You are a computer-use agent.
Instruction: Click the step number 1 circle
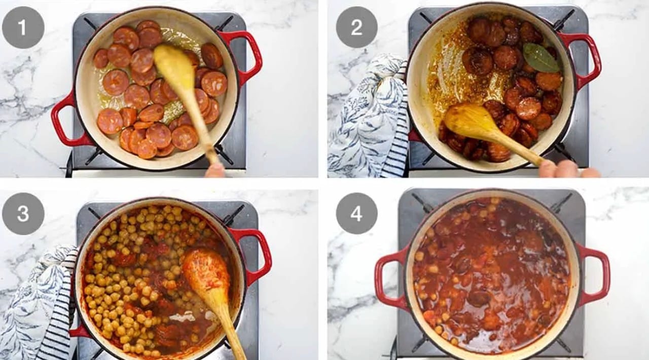[23, 27]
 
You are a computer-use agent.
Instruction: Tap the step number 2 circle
[356, 27]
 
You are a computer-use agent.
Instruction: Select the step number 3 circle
[23, 214]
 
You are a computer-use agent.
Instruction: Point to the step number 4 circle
[356, 214]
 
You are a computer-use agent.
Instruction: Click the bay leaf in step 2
[540, 58]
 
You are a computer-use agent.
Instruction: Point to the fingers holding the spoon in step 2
[568, 169]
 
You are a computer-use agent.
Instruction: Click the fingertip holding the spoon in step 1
[215, 170]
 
